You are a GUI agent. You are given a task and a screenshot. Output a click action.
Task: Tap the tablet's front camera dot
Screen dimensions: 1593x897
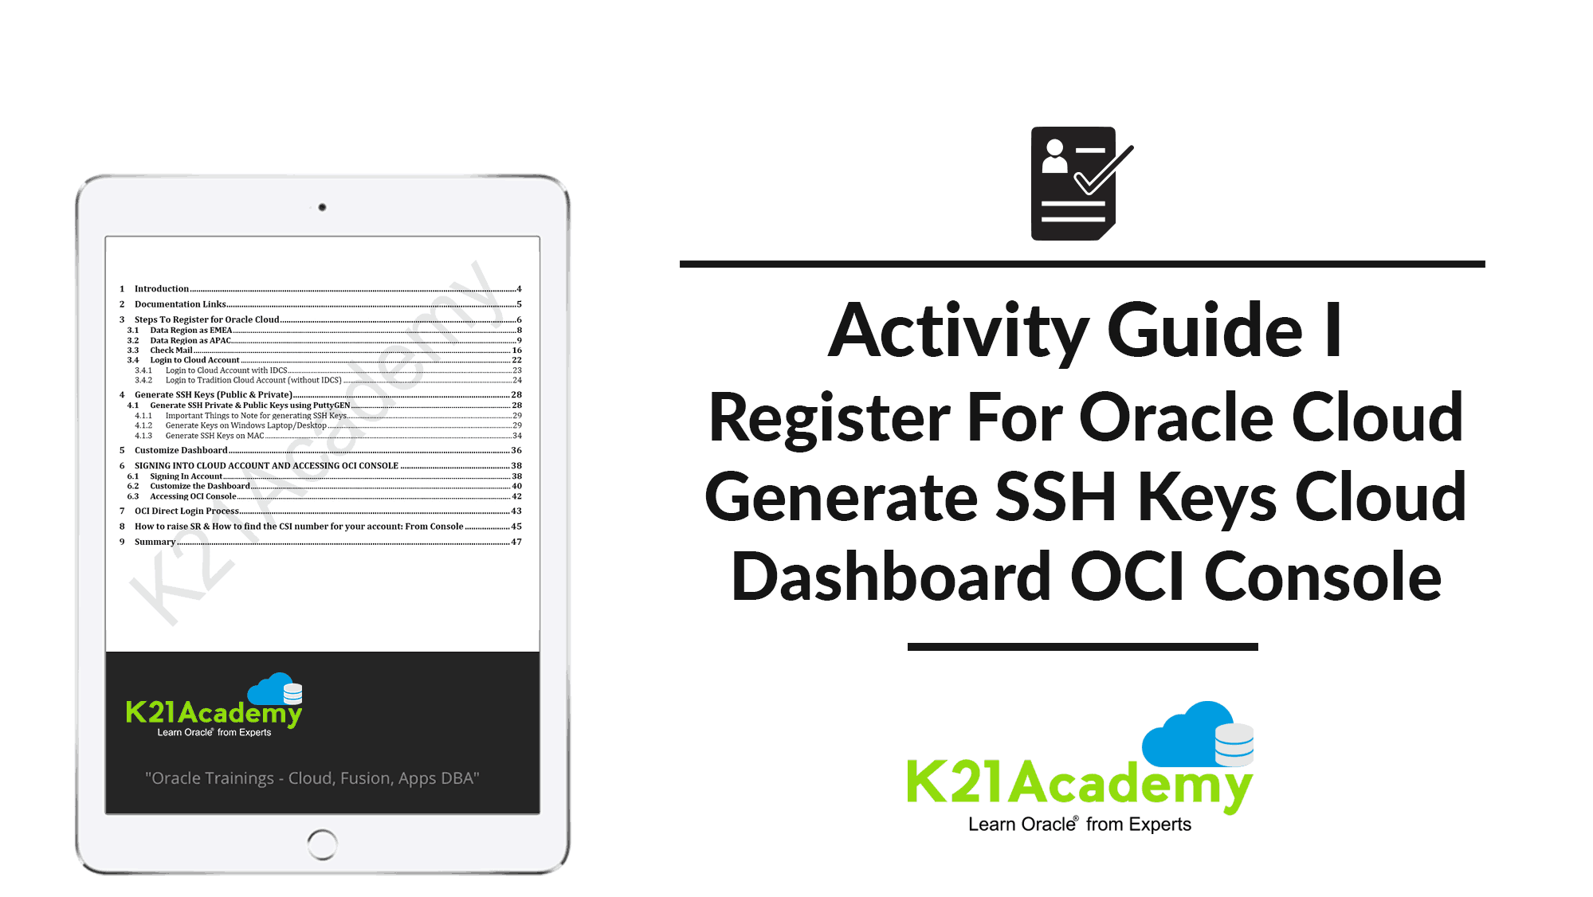(322, 207)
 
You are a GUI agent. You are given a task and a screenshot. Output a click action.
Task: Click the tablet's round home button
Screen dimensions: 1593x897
(322, 844)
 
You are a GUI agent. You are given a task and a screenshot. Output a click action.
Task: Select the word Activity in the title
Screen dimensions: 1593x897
(958, 331)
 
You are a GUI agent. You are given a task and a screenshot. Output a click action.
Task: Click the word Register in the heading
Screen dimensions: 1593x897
(829, 417)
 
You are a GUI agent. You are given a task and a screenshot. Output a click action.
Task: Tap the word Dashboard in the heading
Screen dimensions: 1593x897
(892, 576)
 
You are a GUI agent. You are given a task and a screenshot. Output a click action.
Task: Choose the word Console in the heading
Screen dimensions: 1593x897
(1323, 576)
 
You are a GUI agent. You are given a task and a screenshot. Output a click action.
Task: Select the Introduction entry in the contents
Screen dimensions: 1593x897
(162, 288)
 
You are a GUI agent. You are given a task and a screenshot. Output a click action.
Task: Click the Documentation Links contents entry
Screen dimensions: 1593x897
(180, 304)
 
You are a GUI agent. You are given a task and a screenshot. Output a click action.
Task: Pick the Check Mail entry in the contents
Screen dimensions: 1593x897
(171, 350)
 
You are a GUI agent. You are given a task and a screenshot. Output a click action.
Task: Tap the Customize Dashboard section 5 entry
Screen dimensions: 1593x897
(181, 450)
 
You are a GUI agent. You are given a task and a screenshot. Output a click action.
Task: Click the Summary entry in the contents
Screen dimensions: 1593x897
(155, 542)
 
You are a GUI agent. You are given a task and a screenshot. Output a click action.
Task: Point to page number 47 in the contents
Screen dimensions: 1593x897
(516, 542)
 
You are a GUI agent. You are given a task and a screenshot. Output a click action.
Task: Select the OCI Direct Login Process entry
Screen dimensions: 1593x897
(186, 511)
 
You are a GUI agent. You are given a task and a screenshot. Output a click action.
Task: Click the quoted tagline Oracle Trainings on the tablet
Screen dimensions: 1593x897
(312, 778)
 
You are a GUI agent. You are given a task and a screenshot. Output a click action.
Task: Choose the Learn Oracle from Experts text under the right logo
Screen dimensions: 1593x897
(1080, 825)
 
